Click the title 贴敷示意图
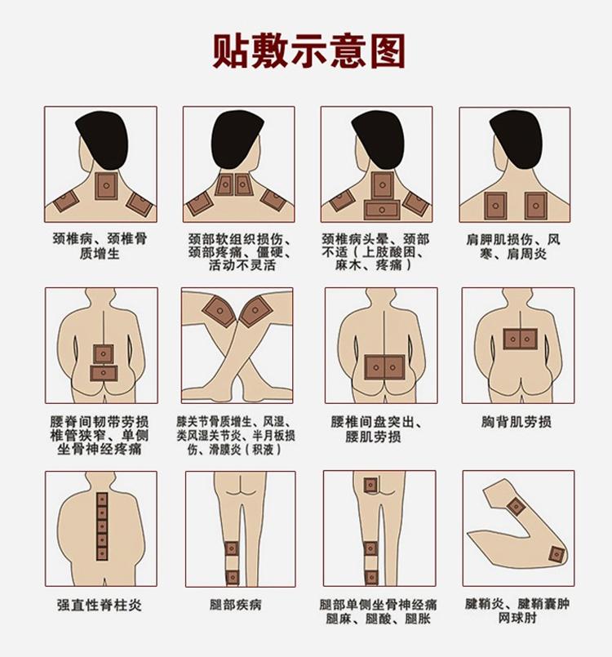[307, 51]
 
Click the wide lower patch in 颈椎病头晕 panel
[381, 209]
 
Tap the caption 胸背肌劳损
[516, 422]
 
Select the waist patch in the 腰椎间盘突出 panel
[380, 367]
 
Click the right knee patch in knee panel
[259, 311]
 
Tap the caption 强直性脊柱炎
[100, 605]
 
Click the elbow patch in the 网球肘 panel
[557, 555]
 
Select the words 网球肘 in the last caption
[515, 620]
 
